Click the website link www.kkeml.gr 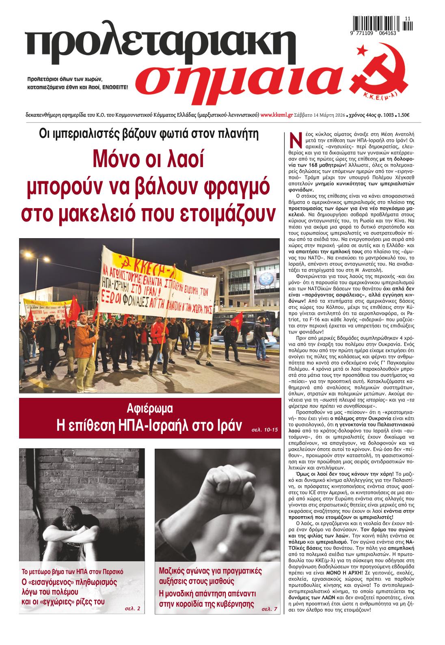277,115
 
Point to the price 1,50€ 404,115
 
